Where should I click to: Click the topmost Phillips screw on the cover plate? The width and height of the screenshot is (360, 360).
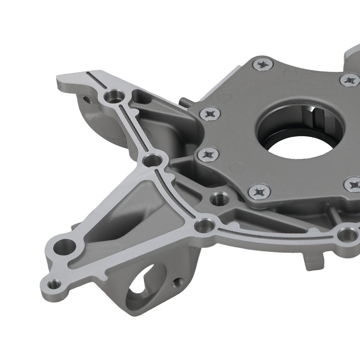[x=263, y=65]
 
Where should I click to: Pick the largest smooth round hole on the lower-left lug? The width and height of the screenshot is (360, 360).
[x=65, y=247]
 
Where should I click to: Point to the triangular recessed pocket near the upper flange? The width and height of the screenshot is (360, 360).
[x=141, y=96]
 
